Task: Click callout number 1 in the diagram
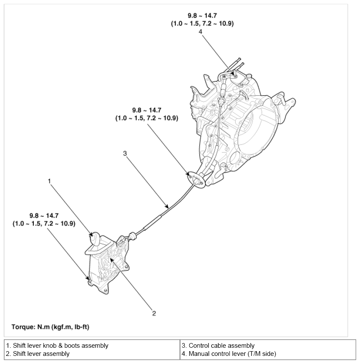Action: click(x=50, y=181)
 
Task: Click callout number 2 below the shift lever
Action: click(x=154, y=314)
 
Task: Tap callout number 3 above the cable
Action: click(x=125, y=154)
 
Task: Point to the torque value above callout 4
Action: click(x=202, y=20)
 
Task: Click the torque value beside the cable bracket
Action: click(x=147, y=114)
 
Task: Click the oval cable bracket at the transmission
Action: click(x=195, y=179)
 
